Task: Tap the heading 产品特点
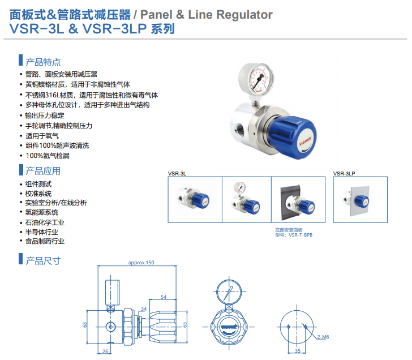[x=43, y=62]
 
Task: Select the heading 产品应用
[x=43, y=170]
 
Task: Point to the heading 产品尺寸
[x=43, y=260]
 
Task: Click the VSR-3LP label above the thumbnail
[x=344, y=174]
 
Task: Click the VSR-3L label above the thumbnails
[x=177, y=174]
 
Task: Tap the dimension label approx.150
[x=141, y=263]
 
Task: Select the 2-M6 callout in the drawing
[x=324, y=337]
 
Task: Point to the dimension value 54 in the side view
[x=164, y=297]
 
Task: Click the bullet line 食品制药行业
[x=45, y=241]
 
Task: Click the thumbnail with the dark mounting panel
[x=299, y=200]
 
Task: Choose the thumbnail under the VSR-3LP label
[x=360, y=200]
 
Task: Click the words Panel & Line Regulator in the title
[x=205, y=15]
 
